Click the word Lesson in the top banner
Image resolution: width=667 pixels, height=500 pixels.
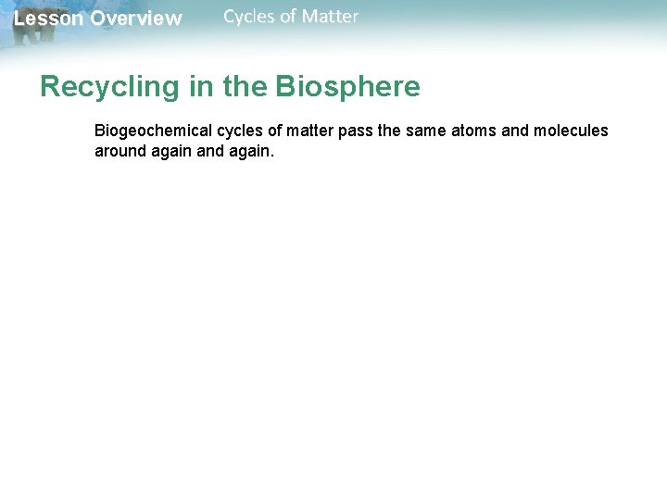(49, 19)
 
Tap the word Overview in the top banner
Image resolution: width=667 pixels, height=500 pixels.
(136, 19)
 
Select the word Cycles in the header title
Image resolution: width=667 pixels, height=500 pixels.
(249, 16)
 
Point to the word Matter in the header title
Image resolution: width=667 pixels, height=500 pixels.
(330, 16)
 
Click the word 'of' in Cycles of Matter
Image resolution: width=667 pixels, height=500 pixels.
(288, 16)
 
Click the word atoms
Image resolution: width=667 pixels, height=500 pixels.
(474, 131)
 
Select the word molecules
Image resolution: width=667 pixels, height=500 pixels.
(571, 131)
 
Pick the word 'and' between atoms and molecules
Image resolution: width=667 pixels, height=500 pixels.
(515, 131)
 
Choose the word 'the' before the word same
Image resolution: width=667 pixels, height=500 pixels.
(390, 131)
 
